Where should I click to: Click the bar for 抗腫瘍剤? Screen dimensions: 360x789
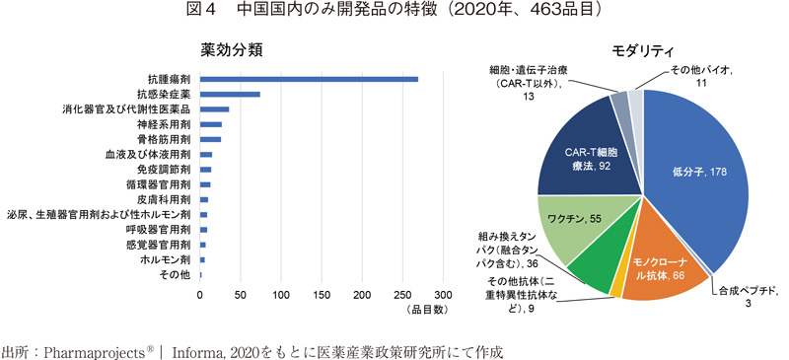pyautogui.click(x=309, y=79)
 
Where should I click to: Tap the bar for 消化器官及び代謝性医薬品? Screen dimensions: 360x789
pyautogui.click(x=214, y=109)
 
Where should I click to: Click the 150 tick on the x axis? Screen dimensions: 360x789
pyautogui.click(x=322, y=295)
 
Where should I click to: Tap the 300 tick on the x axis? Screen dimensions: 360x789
pyautogui.click(x=443, y=295)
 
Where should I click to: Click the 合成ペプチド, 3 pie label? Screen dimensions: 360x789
pyautogui.click(x=747, y=297)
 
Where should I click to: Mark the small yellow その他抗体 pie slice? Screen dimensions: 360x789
pyautogui.click(x=618, y=287)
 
